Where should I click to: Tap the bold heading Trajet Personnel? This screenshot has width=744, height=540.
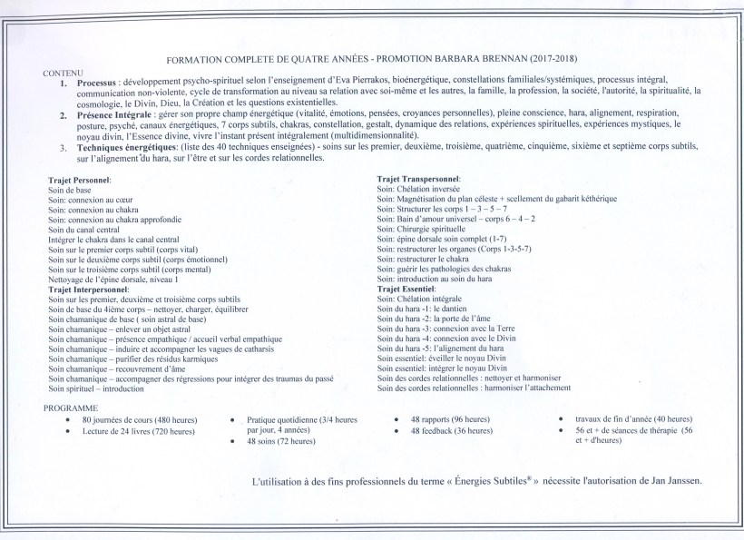click(80, 182)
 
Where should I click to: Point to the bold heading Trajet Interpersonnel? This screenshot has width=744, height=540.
click(88, 289)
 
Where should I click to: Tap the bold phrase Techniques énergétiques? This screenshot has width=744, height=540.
click(123, 146)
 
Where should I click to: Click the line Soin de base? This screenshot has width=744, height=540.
click(71, 191)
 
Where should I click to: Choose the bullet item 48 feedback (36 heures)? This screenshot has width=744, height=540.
click(450, 431)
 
